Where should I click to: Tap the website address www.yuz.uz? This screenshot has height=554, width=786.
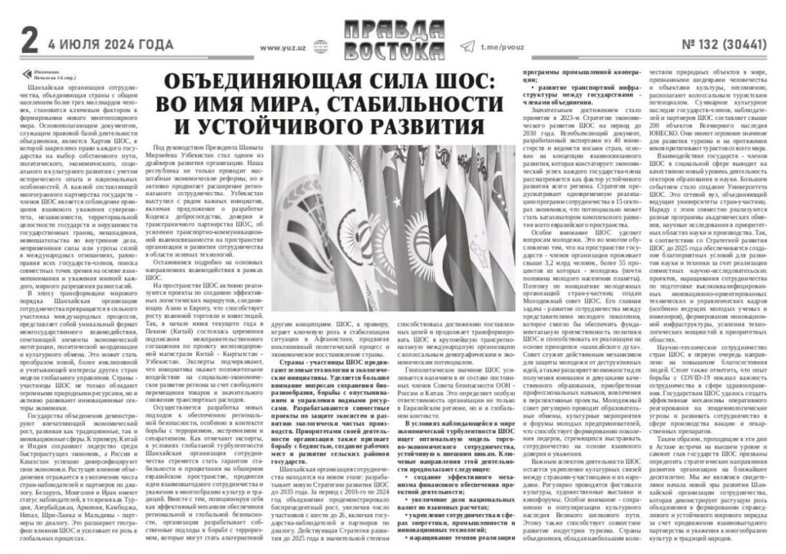point(283,47)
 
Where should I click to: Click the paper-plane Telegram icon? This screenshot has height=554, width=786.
point(467,46)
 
